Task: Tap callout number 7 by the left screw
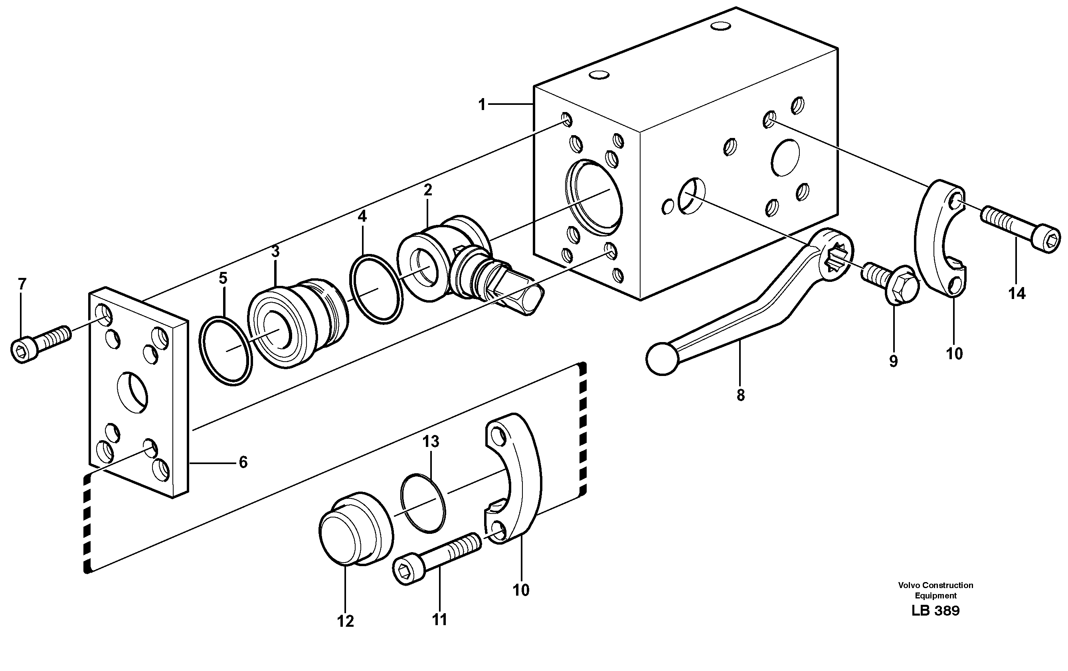coord(22,283)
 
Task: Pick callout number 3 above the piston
coord(275,252)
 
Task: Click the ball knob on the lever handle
coord(663,358)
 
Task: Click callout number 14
coord(1017,293)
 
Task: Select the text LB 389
coord(935,611)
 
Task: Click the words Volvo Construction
coord(936,585)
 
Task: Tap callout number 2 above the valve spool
coord(427,190)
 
